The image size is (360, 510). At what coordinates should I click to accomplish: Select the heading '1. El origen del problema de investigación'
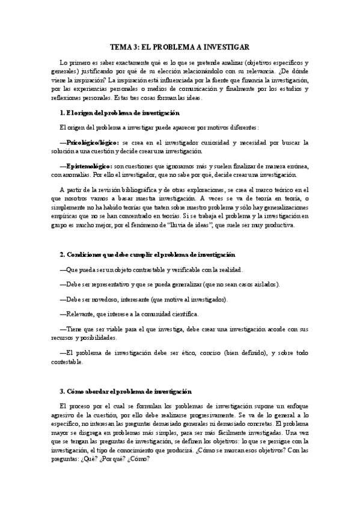click(x=116, y=113)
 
